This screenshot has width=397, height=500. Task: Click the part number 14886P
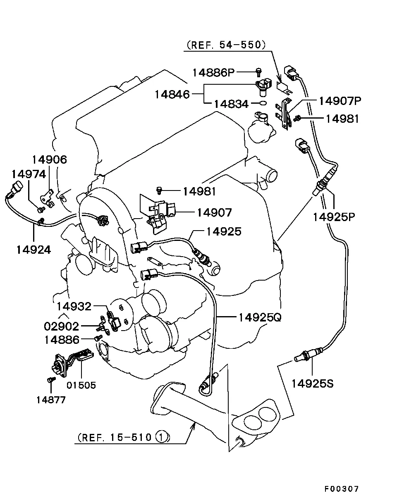point(213,73)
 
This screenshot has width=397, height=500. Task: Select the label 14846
point(172,94)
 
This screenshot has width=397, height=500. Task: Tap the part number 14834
point(231,104)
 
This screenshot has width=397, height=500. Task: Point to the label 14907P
point(340,100)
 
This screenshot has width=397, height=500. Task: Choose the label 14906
point(50,160)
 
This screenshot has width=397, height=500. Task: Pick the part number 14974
point(29,174)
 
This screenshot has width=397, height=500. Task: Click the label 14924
point(34,249)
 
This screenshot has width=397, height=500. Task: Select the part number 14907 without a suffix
point(214,212)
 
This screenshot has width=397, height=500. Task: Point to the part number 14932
point(74,306)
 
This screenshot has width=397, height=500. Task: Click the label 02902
point(61,326)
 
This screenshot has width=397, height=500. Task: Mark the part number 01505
point(81,385)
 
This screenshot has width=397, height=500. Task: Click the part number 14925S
point(312,383)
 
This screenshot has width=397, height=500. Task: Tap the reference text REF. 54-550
point(226,45)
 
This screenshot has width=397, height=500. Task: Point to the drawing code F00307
point(341,489)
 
